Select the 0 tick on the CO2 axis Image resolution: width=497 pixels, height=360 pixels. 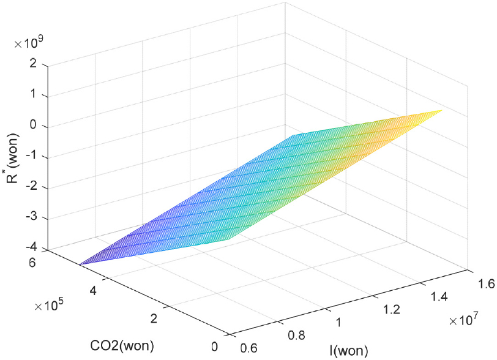[214, 347]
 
